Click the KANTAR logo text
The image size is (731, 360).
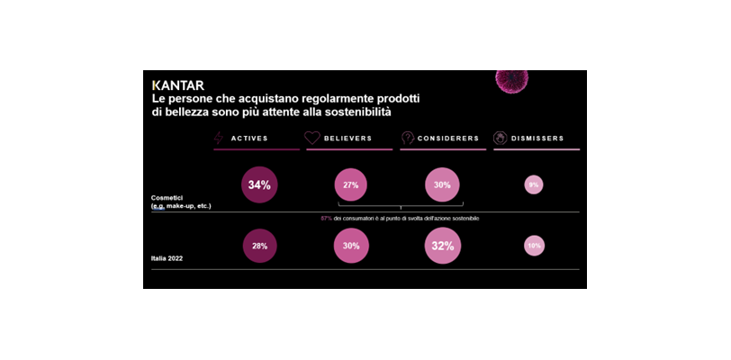tap(178, 85)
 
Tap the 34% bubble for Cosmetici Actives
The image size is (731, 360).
tap(259, 184)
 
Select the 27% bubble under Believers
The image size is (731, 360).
tap(350, 184)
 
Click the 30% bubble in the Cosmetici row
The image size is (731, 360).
tap(442, 184)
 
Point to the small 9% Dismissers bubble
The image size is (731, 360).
tap(534, 184)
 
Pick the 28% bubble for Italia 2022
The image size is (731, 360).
tap(259, 246)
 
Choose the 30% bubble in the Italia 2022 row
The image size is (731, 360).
tap(351, 246)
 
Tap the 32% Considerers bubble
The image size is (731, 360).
tap(442, 246)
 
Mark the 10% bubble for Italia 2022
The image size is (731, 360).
tap(534, 246)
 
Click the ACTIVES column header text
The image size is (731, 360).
tap(249, 139)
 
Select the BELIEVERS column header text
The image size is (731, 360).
tap(347, 139)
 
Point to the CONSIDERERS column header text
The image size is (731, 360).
tap(447, 139)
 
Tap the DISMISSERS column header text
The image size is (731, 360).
tap(537, 139)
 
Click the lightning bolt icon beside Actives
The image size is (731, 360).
tap(219, 138)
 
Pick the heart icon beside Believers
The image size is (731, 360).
tap(311, 138)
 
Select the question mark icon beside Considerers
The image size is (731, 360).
tap(407, 138)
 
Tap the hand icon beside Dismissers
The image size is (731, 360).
tap(500, 138)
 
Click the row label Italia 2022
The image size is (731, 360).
tap(167, 258)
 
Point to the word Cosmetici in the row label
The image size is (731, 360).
tap(167, 197)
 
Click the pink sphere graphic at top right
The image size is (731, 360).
tap(512, 80)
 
